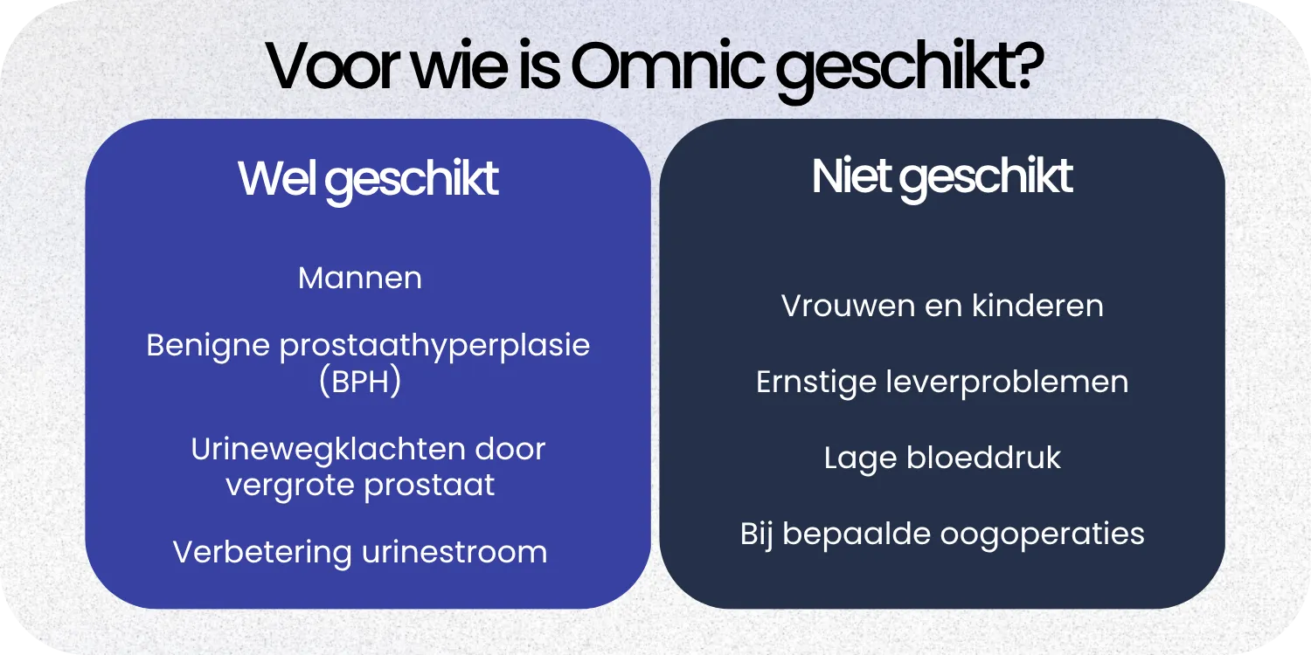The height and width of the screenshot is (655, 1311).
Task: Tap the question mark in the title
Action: tap(1026, 67)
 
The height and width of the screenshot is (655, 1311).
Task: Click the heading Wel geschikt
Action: tap(368, 179)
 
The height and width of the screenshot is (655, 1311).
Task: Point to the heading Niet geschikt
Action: tap(942, 177)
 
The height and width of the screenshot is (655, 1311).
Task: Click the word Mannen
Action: tap(360, 279)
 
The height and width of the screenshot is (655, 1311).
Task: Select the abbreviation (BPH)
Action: tap(360, 383)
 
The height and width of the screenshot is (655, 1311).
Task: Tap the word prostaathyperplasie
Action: tap(434, 346)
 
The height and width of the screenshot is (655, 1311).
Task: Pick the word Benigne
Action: tap(208, 346)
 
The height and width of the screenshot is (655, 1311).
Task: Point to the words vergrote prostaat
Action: tap(360, 484)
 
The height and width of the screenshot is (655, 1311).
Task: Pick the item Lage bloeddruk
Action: tap(942, 458)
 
